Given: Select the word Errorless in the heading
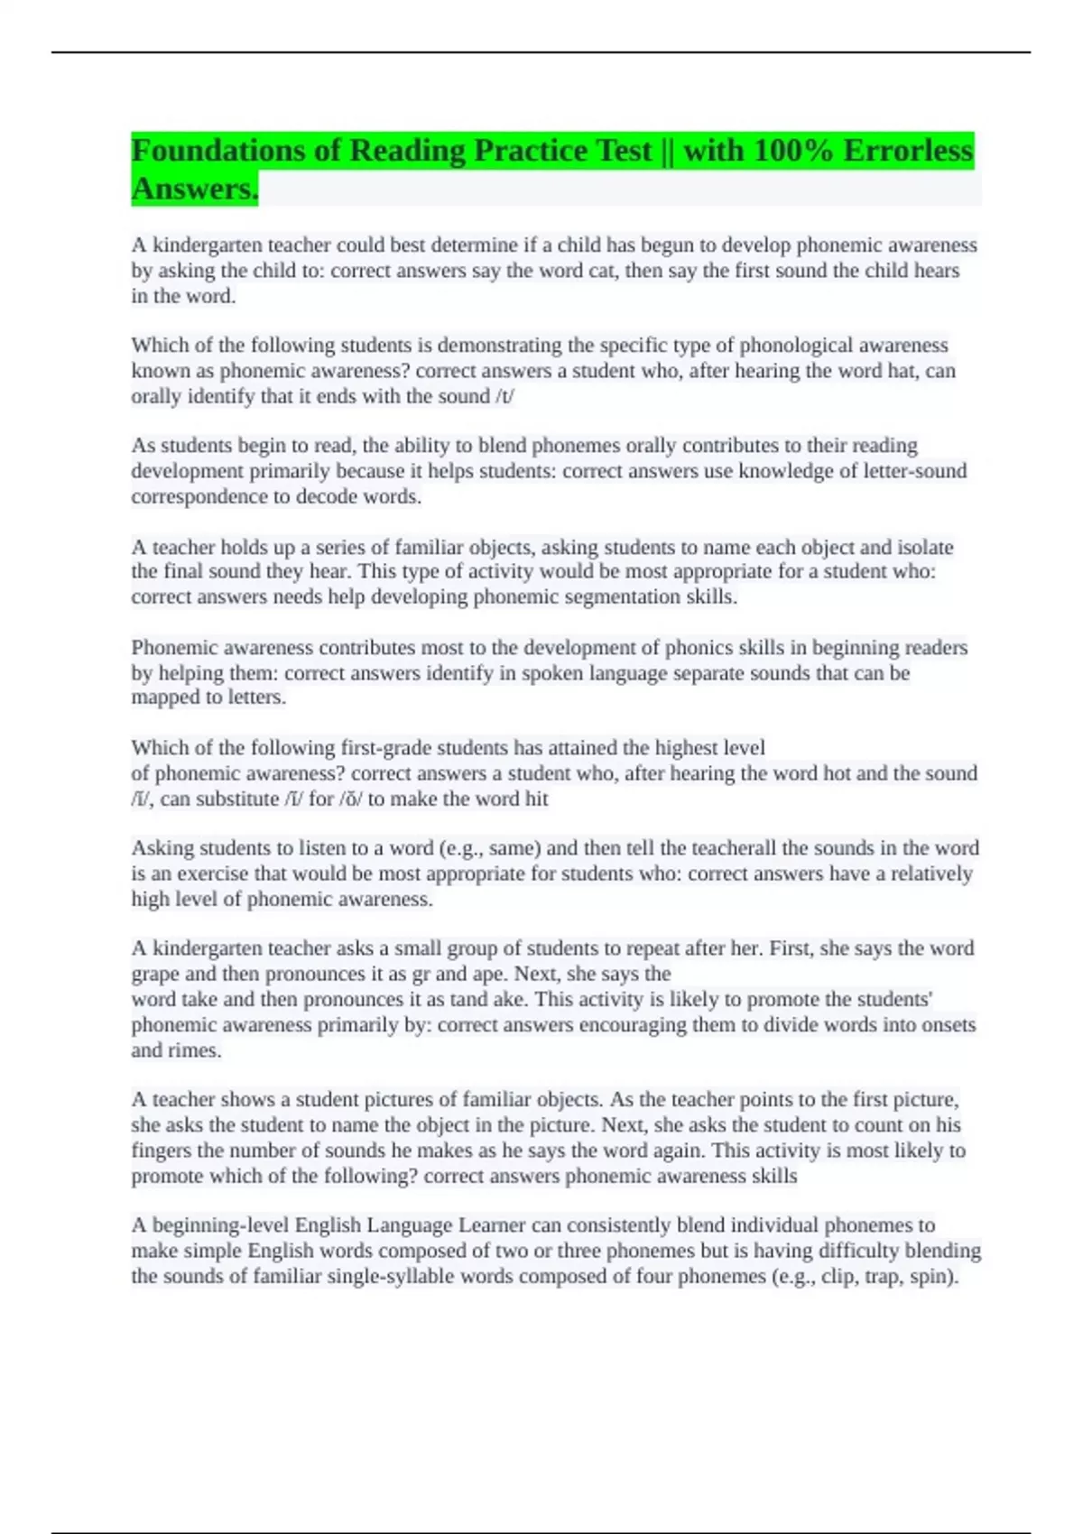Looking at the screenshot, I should pyautogui.click(x=908, y=150).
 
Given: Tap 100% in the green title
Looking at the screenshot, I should pyautogui.click(x=793, y=150).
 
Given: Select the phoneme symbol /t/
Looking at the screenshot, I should pyautogui.click(x=504, y=396).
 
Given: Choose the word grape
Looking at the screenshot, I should pyautogui.click(x=155, y=975).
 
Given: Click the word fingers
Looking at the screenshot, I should pyautogui.click(x=162, y=1150).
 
